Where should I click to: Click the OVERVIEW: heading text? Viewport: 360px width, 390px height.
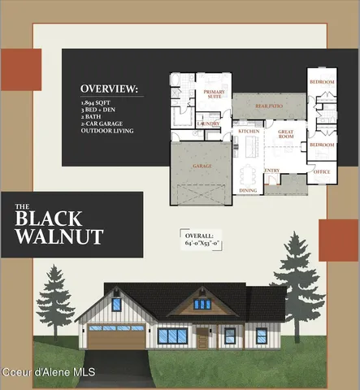tap(109, 89)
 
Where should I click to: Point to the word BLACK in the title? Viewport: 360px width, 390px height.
tap(49, 218)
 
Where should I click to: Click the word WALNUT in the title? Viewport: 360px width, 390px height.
tap(60, 236)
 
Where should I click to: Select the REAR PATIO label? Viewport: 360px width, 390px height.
tap(268, 106)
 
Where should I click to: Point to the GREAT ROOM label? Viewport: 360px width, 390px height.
tap(285, 136)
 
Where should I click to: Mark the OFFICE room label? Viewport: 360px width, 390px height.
tap(322, 171)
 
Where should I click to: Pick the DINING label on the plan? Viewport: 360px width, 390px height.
tap(247, 191)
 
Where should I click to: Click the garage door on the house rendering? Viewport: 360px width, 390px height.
tap(115, 340)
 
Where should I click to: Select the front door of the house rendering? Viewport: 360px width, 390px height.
tap(202, 336)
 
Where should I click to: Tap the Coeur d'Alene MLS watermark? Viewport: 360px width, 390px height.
tap(49, 372)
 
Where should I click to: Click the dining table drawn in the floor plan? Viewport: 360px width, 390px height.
tap(248, 173)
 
